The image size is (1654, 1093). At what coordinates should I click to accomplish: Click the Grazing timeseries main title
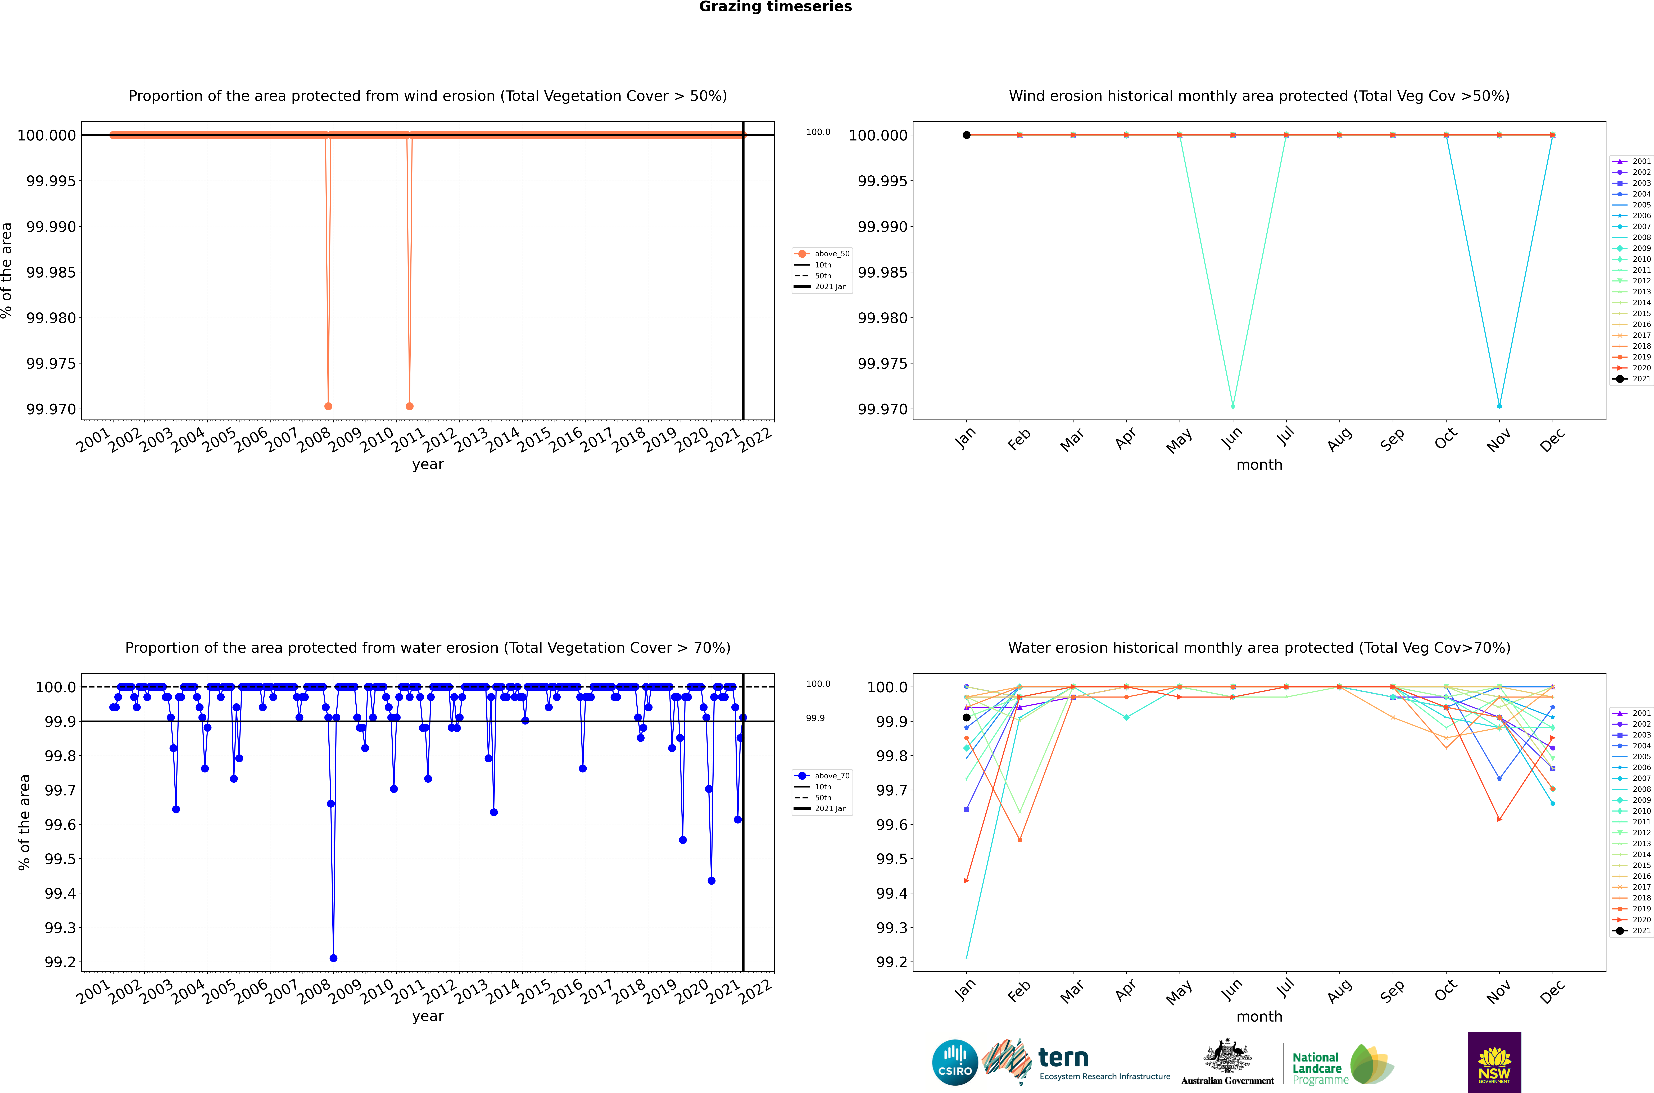pyautogui.click(x=775, y=7)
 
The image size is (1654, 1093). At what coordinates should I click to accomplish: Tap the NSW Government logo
pyautogui.click(x=1494, y=1062)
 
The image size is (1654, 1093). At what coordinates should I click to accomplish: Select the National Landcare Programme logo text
pyautogui.click(x=1317, y=1068)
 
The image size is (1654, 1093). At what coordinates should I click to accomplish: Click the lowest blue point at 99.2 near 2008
pyautogui.click(x=333, y=958)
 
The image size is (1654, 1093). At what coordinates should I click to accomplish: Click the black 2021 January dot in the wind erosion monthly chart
pyautogui.click(x=966, y=135)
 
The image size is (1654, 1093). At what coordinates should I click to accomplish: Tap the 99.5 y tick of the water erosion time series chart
pyautogui.click(x=60, y=859)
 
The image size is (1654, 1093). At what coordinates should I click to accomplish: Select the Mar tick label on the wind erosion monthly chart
pyautogui.click(x=1072, y=439)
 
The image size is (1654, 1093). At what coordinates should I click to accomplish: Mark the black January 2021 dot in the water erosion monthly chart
pyautogui.click(x=966, y=717)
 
